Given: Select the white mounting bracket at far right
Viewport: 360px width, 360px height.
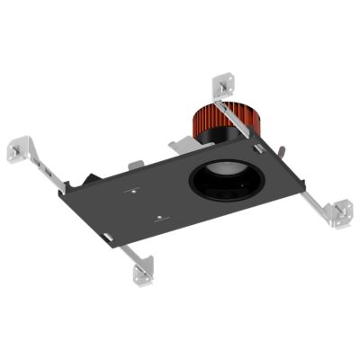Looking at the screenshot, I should click(341, 211).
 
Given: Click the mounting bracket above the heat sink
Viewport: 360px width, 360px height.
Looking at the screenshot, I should click(223, 85).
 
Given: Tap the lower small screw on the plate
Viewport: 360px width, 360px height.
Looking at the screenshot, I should click(158, 217).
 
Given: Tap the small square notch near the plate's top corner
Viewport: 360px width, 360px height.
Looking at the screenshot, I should click(256, 147).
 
